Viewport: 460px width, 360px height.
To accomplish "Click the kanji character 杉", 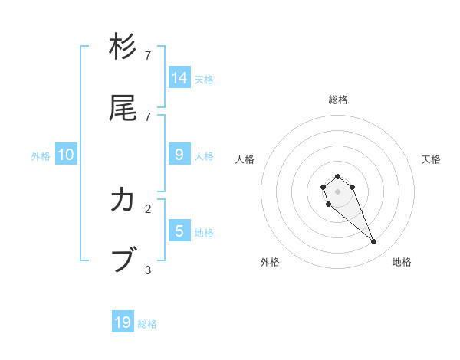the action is [x=123, y=47].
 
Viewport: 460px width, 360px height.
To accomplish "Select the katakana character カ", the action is [x=123, y=201].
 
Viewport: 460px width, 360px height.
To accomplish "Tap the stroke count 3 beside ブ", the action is [x=148, y=270].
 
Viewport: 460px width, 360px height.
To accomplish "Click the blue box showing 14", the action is [x=179, y=78].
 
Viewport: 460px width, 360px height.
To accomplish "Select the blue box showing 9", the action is [x=179, y=155].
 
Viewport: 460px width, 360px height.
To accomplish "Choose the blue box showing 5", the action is [x=179, y=231].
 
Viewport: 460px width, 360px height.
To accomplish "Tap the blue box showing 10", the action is [x=66, y=155].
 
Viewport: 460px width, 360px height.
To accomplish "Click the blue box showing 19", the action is [x=123, y=322].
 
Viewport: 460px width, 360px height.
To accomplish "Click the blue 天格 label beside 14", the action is [x=204, y=79].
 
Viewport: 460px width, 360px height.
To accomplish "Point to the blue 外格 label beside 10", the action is [x=41, y=155].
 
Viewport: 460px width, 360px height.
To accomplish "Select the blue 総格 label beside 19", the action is [x=147, y=323].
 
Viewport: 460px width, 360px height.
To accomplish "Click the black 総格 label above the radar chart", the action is [x=338, y=100].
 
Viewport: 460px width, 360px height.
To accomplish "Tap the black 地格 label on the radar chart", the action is [x=402, y=262].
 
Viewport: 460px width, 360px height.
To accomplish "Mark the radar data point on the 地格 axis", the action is [x=374, y=242].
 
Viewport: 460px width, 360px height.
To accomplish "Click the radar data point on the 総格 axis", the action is [x=337, y=177].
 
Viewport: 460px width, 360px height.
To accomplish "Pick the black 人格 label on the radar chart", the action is [x=245, y=159].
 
